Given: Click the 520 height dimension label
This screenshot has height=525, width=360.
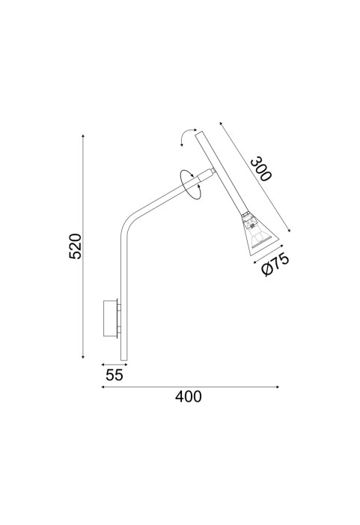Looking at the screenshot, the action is (75, 246).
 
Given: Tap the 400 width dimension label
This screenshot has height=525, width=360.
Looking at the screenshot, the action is (189, 397).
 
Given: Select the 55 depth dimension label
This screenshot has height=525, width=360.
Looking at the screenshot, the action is (115, 375).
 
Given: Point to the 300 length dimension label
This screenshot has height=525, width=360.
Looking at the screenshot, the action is (261, 169).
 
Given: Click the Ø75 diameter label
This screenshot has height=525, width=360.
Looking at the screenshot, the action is (275, 265).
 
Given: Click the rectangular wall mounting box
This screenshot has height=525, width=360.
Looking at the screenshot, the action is (110, 318).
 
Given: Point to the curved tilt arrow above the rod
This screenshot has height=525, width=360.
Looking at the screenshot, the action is (183, 136).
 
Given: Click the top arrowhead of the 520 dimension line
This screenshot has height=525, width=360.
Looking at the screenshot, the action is (83, 136).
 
